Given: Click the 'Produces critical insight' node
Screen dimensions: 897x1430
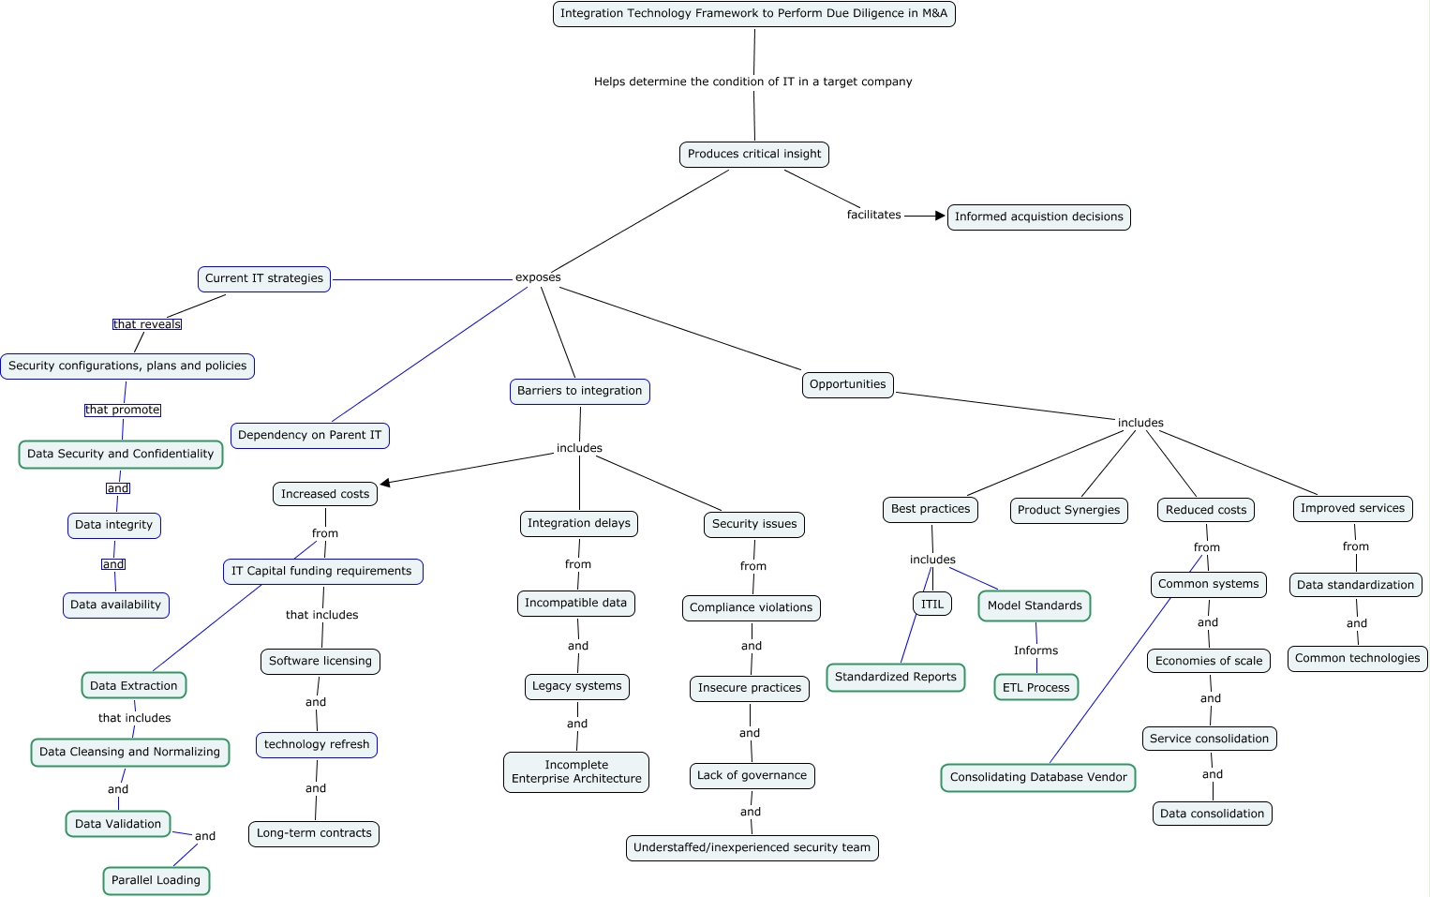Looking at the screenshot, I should pos(753,154).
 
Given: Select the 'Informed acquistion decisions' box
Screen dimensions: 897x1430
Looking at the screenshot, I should pos(1038,217).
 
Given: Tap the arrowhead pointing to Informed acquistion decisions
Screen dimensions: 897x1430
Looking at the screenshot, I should pos(940,216).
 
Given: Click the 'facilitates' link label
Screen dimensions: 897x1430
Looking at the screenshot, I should pos(873,215).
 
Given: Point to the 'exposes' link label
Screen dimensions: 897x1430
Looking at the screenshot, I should pos(538,277).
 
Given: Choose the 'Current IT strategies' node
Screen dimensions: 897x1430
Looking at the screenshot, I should pos(264,278).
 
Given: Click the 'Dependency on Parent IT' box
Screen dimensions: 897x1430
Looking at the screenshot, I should pos(309,435).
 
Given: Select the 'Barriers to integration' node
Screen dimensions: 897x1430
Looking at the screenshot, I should pos(579,391).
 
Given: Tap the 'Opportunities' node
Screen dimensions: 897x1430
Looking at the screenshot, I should pos(847,384).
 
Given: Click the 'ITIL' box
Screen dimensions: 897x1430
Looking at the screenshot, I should pos(931,604).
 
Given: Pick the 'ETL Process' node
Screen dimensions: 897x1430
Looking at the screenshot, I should pos(1035,687).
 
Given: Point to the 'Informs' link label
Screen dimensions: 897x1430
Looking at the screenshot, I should pos(1035,650).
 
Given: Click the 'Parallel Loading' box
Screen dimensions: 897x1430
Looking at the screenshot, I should pos(156,880).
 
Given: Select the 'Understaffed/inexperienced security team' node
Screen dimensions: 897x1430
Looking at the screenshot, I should pos(752,847).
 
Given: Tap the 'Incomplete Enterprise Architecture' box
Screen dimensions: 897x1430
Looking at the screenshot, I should pos(575,771).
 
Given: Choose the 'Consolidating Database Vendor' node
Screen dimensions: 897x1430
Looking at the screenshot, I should pos(1038,777).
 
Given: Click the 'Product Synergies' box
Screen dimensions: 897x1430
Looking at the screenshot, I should pos(1068,510).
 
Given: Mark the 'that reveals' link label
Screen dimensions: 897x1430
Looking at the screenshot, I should pos(146,324).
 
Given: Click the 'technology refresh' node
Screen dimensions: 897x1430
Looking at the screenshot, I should pos(317,744).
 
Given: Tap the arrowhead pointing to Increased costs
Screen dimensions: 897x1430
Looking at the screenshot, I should pos(385,483).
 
